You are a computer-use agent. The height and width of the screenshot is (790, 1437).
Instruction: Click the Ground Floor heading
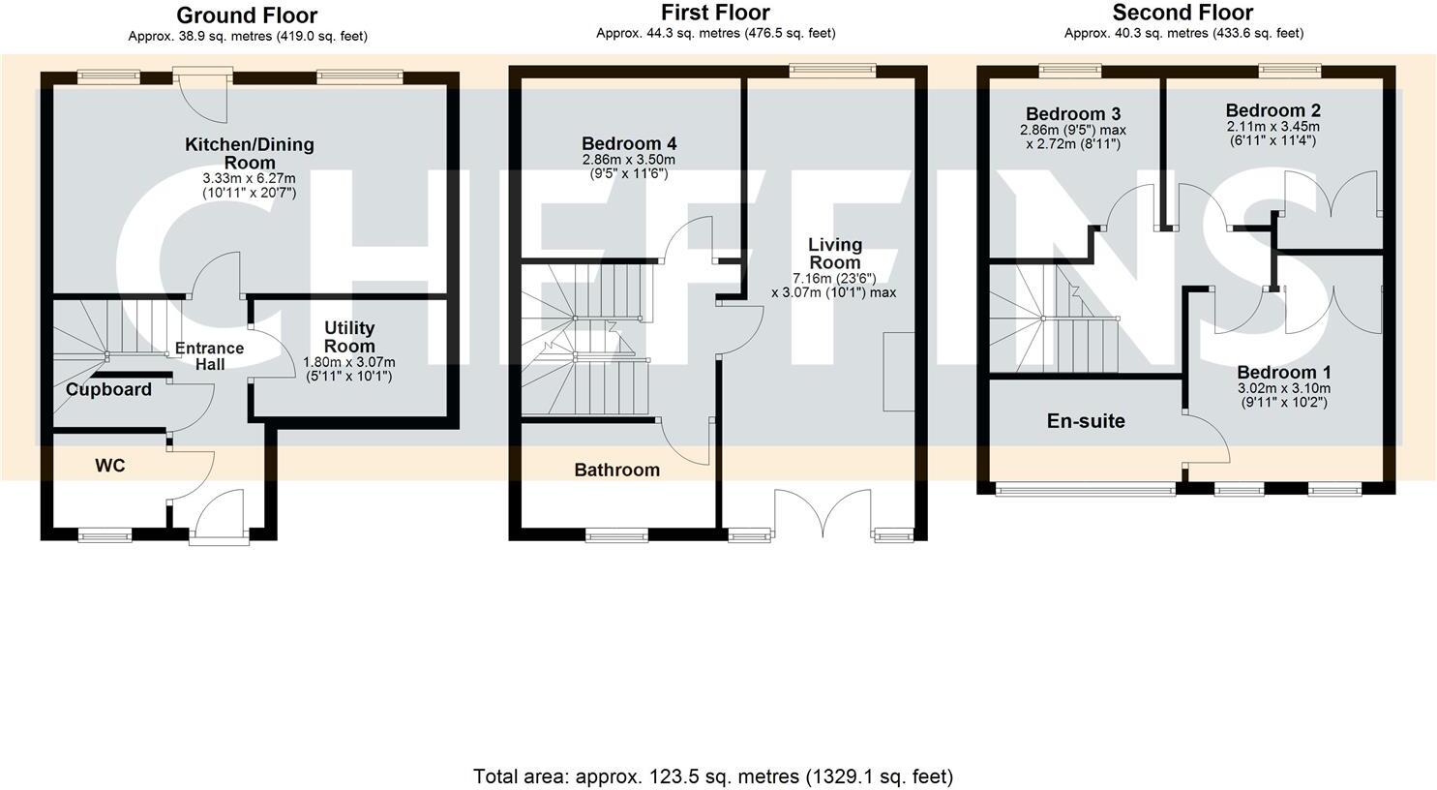[x=247, y=15]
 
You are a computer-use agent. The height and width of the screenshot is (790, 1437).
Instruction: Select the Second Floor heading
[x=1183, y=13]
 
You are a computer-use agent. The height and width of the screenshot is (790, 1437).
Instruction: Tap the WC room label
[x=109, y=466]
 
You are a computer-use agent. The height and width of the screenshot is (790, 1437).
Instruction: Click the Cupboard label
[x=108, y=389]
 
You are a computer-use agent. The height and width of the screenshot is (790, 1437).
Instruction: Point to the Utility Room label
[x=349, y=336]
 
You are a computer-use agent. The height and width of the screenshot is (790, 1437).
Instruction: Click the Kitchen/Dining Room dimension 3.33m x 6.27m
[x=250, y=178]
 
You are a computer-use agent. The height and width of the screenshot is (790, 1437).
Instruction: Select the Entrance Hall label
[x=210, y=356]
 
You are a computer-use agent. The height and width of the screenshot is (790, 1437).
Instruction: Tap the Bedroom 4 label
[x=629, y=143]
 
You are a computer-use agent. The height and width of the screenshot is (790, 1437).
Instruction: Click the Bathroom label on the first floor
[x=616, y=470]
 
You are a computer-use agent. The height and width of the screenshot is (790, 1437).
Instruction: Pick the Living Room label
[x=834, y=253]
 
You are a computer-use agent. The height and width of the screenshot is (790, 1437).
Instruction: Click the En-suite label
[x=1086, y=421]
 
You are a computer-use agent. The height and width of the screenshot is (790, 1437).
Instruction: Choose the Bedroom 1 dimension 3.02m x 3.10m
[x=1284, y=388]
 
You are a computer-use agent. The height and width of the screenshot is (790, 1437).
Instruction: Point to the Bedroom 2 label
[x=1272, y=110]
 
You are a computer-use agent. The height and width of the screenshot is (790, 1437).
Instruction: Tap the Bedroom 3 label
[x=1072, y=113]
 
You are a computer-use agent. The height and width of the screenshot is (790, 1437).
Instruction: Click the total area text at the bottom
[x=713, y=775]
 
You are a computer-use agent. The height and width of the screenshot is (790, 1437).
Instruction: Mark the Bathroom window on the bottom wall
[x=616, y=534]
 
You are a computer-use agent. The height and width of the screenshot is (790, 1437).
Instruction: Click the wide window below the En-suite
[x=1086, y=489]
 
